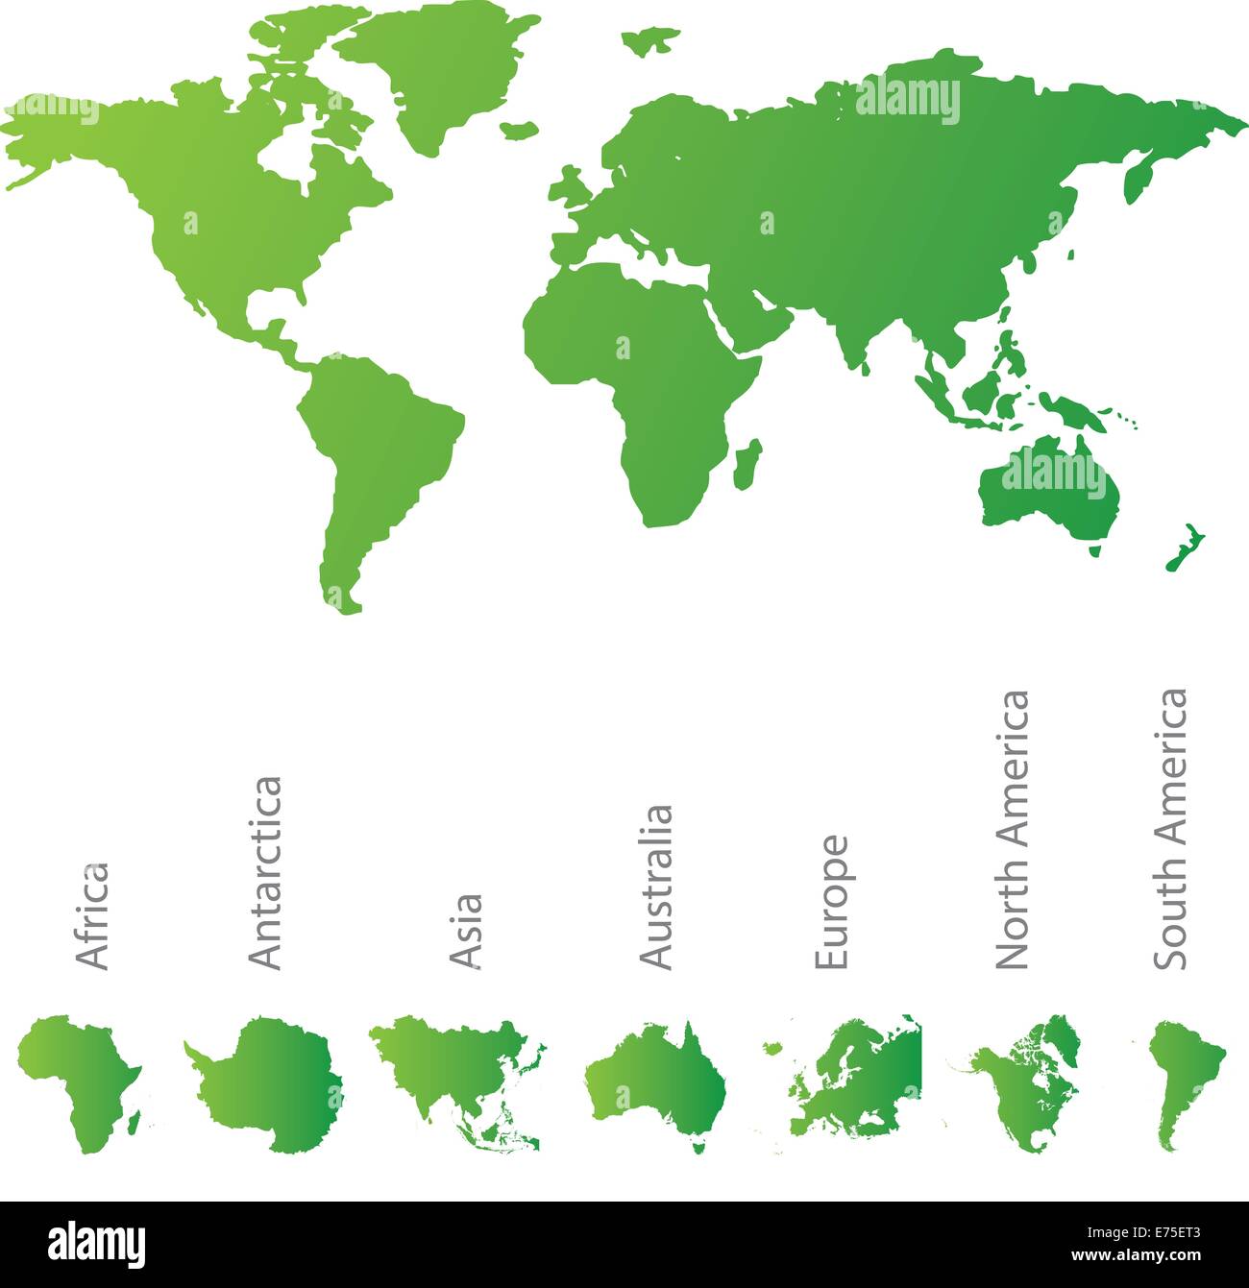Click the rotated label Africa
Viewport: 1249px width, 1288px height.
tap(92, 915)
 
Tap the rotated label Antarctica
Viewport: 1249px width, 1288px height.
tap(265, 872)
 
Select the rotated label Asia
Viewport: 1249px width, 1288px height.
tap(466, 930)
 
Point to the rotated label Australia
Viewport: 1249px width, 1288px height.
tap(656, 887)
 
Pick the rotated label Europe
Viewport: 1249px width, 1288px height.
tap(831, 902)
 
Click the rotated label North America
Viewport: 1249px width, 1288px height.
tap(1012, 830)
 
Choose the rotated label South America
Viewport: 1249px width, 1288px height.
tap(1170, 829)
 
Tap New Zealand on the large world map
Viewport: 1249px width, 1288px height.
tap(1185, 548)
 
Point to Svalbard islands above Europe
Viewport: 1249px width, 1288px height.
tap(650, 39)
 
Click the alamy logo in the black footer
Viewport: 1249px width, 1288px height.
tap(97, 1245)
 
